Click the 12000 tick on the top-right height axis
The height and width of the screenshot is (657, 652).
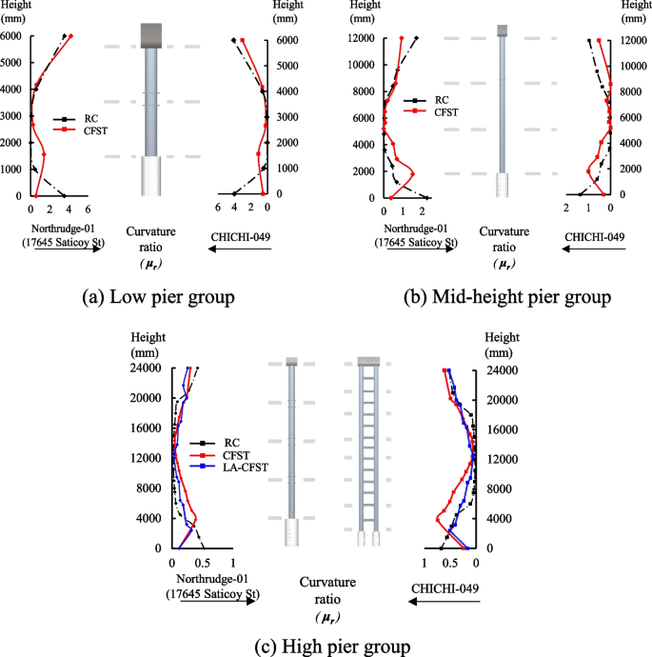pyautogui.click(x=632, y=39)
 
